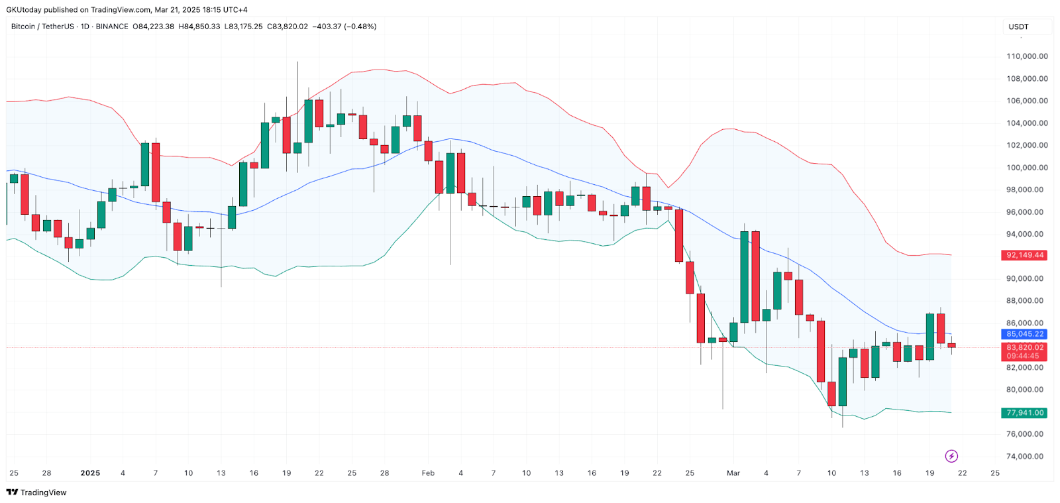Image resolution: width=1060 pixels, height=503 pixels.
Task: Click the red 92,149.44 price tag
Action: pyautogui.click(x=1024, y=255)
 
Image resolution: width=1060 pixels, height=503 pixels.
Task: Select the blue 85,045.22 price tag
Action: pyautogui.click(x=1024, y=334)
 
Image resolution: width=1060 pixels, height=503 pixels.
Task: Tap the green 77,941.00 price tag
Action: pyautogui.click(x=1024, y=413)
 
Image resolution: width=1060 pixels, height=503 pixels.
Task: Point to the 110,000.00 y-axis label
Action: pyautogui.click(x=1027, y=56)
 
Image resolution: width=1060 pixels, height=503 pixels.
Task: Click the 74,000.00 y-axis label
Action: pyautogui.click(x=1027, y=457)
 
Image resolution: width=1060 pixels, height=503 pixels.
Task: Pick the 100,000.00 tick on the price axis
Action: pyautogui.click(x=1027, y=168)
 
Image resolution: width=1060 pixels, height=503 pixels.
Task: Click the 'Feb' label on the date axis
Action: pyautogui.click(x=428, y=473)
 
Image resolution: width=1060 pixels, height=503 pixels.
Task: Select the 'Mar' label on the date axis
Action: pyautogui.click(x=733, y=473)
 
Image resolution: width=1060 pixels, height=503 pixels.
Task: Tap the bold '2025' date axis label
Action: pyautogui.click(x=90, y=473)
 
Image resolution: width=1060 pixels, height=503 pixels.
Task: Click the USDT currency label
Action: pyautogui.click(x=1018, y=27)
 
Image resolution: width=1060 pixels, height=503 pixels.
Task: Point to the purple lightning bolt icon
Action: pyautogui.click(x=951, y=456)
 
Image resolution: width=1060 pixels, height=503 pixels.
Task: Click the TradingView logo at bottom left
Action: pyautogui.click(x=36, y=492)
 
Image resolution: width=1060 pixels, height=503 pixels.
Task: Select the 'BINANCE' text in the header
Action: pyautogui.click(x=112, y=27)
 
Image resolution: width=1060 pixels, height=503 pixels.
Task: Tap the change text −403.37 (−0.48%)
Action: pyautogui.click(x=344, y=27)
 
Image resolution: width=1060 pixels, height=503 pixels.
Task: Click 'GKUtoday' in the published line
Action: pyautogui.click(x=23, y=10)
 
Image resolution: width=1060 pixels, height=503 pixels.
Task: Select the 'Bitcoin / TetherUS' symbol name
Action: pyautogui.click(x=42, y=27)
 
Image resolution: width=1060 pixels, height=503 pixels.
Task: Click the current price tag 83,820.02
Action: pyautogui.click(x=1024, y=347)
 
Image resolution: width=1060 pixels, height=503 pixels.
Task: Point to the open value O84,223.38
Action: pyautogui.click(x=154, y=27)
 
